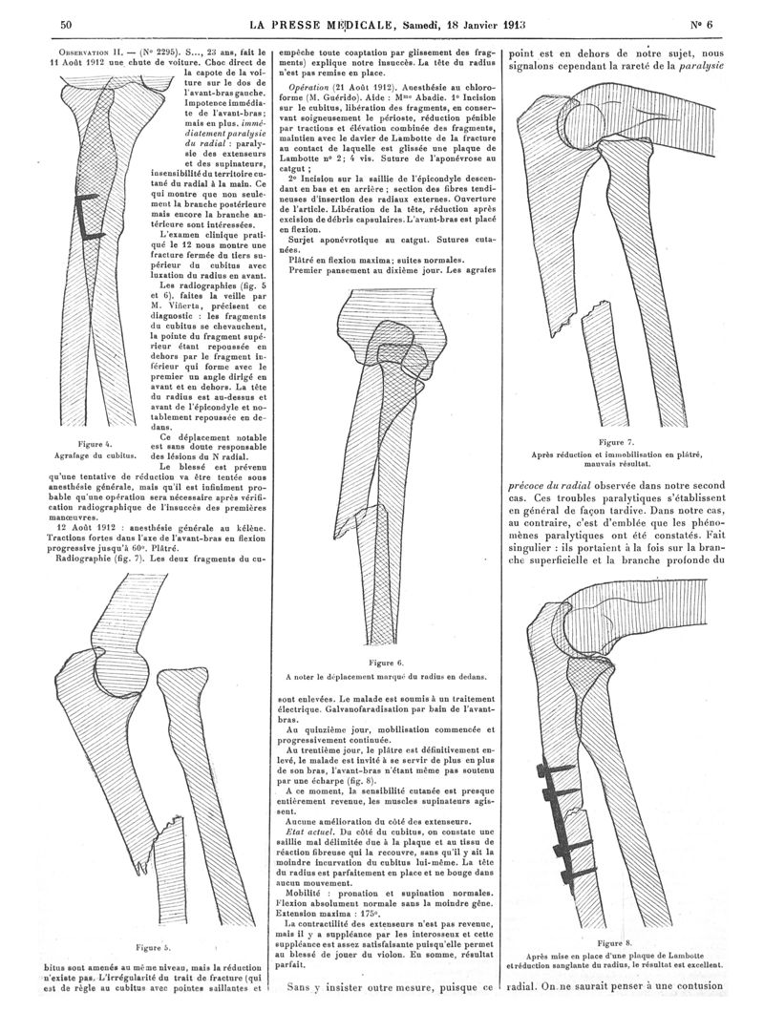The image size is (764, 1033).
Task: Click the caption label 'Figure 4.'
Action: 95,445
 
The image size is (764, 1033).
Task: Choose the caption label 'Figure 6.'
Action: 386,662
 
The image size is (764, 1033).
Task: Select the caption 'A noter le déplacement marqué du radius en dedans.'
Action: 386,676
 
